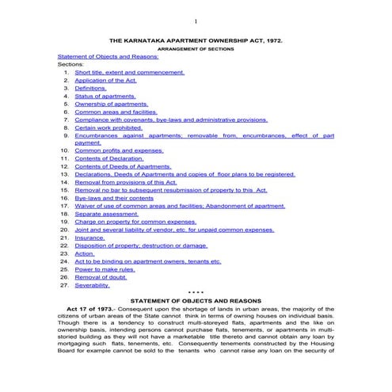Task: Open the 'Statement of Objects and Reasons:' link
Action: coord(108,57)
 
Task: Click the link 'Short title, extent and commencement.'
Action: coord(129,72)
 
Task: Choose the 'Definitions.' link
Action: coord(91,88)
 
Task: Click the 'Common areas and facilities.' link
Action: coord(116,112)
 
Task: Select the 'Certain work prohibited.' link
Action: coord(108,127)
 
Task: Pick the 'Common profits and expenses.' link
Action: coord(119,150)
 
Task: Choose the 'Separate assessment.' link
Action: coord(107,214)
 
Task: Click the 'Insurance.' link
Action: coord(89,238)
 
